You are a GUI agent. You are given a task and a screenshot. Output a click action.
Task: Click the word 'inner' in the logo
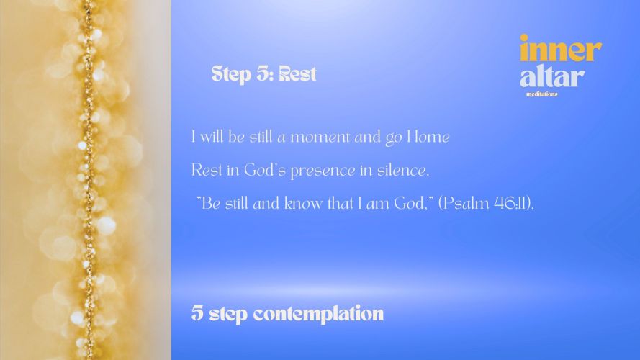click(560, 48)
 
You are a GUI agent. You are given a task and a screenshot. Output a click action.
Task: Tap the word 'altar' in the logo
click(552, 76)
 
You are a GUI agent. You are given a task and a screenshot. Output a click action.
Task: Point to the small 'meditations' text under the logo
click(541, 94)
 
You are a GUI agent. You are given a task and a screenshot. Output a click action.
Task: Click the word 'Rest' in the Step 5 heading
click(297, 74)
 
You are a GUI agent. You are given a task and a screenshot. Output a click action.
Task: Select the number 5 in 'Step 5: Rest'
click(262, 74)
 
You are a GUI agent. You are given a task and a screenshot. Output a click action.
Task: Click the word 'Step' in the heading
click(231, 74)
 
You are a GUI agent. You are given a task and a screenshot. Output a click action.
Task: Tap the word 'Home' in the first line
click(428, 137)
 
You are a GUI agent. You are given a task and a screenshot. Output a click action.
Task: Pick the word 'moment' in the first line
click(320, 137)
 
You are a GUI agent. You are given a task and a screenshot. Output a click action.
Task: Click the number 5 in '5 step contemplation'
click(197, 312)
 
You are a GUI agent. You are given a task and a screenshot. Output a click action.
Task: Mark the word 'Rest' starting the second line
click(207, 170)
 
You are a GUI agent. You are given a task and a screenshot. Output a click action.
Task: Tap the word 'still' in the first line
click(261, 137)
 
